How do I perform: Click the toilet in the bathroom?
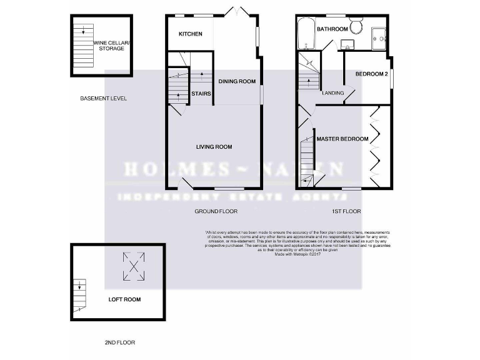(x=357, y=26)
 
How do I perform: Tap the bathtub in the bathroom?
(x=306, y=34)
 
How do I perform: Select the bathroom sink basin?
(x=347, y=44)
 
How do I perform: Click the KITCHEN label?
(x=191, y=34)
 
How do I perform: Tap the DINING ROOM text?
(x=237, y=81)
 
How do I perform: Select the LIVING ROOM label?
(x=214, y=147)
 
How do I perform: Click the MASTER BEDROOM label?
(x=342, y=139)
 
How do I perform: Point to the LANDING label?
(x=332, y=93)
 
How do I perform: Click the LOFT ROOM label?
(x=124, y=300)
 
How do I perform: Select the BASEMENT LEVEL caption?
(x=104, y=99)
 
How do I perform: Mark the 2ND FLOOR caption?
(x=119, y=342)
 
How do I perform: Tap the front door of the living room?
(x=186, y=184)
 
